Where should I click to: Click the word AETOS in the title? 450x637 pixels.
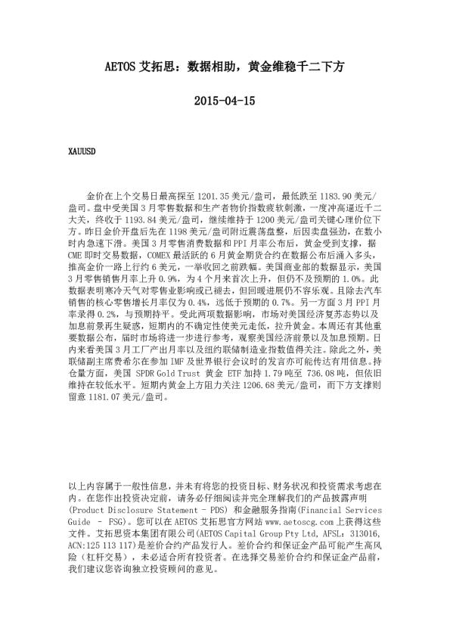click(119, 67)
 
